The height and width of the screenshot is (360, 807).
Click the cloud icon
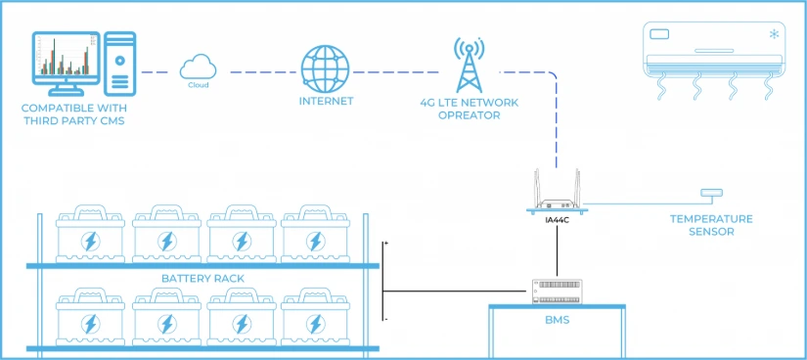(x=199, y=67)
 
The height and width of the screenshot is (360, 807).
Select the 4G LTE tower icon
(x=469, y=65)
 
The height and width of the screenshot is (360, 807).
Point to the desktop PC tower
(x=120, y=64)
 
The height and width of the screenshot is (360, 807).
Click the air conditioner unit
(x=715, y=60)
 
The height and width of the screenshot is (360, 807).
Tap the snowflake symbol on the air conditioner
(x=774, y=34)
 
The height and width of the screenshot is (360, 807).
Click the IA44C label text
(x=558, y=220)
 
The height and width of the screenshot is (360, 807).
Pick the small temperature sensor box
(x=711, y=193)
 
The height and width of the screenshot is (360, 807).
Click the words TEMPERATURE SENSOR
(x=711, y=226)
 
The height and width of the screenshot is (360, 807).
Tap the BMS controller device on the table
(x=558, y=292)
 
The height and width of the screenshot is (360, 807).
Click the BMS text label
(x=558, y=320)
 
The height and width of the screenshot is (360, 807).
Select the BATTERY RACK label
(x=202, y=279)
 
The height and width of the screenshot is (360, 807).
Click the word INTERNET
(x=327, y=101)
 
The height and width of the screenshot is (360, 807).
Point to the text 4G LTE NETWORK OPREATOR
(x=469, y=109)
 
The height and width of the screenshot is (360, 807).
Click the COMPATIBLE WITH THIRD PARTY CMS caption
(x=72, y=114)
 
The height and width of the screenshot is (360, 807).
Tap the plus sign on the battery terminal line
(x=385, y=242)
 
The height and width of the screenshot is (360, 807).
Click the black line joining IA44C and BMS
(x=558, y=251)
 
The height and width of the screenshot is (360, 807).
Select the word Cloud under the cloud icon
(x=199, y=85)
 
